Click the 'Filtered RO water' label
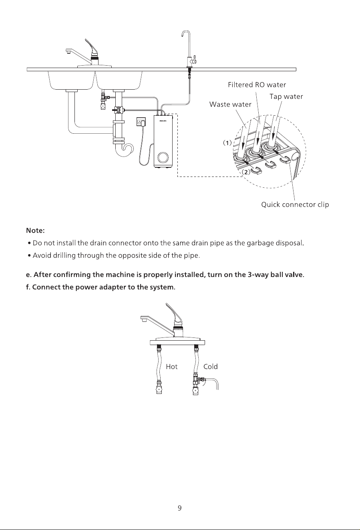click(257, 85)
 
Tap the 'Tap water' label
click(286, 96)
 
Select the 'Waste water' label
click(230, 104)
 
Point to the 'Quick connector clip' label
click(295, 205)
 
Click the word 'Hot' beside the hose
click(172, 367)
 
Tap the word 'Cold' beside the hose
click(210, 367)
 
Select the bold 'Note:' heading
click(35, 231)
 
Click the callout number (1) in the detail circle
click(227, 143)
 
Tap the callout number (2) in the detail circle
click(246, 172)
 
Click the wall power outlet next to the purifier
click(141, 122)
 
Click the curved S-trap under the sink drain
click(125, 149)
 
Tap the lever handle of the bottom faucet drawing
click(174, 314)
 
